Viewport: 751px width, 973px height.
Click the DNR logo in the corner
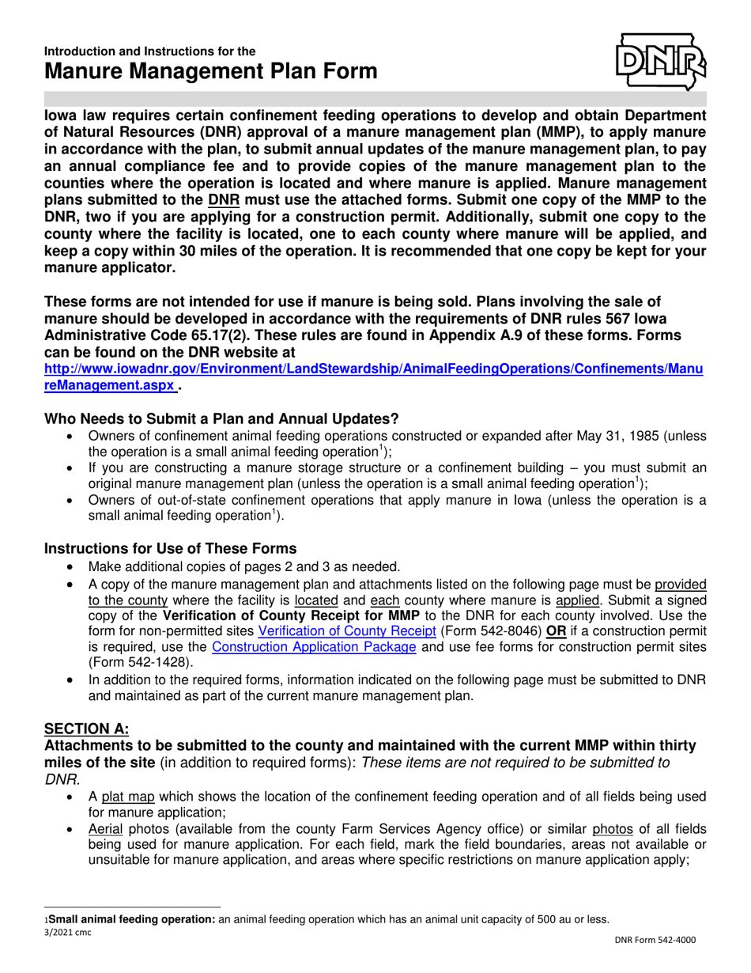[x=661, y=61]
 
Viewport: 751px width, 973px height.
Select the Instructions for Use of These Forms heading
[x=171, y=548]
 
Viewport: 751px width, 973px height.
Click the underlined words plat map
[x=123, y=796]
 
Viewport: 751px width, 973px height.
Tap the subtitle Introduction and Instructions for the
[x=149, y=51]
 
